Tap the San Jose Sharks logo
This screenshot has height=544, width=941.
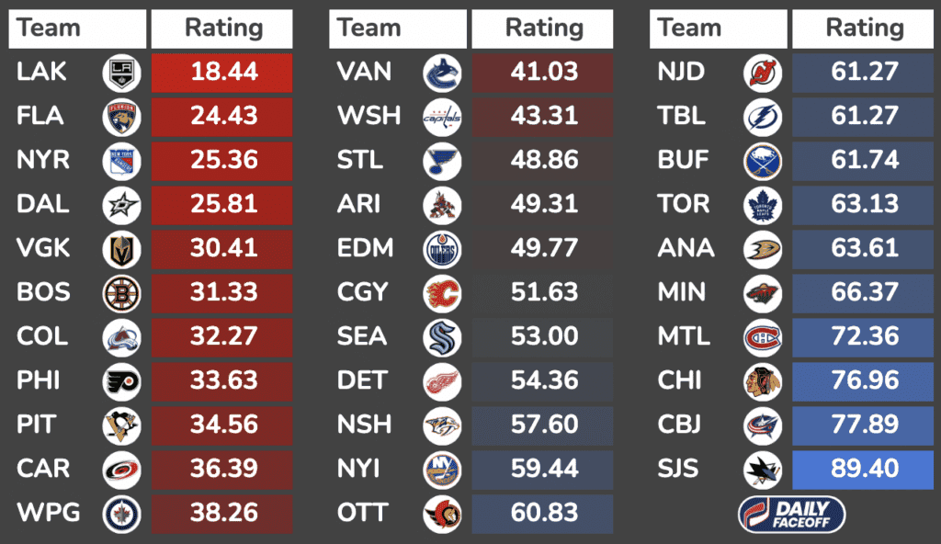(x=762, y=469)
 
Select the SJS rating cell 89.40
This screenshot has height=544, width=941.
(x=864, y=469)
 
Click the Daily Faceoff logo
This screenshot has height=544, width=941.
(x=791, y=514)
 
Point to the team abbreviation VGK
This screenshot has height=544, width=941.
(x=43, y=248)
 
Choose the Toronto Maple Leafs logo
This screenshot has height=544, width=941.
(x=762, y=204)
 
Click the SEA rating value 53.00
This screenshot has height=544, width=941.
(x=544, y=336)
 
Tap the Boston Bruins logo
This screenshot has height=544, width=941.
(x=121, y=292)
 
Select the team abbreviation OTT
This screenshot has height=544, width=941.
(x=363, y=513)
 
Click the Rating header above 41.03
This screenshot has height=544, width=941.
(x=544, y=28)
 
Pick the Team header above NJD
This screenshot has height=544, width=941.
(x=689, y=28)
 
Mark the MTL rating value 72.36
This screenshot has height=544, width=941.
(x=864, y=336)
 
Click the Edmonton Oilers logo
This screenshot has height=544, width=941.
(x=442, y=248)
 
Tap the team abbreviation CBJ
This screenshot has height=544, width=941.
(x=680, y=425)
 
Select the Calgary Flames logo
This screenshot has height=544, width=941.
(x=442, y=292)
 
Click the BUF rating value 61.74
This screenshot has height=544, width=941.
(x=864, y=160)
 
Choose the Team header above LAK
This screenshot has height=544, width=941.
(x=49, y=28)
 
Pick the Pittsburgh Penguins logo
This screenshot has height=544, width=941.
(x=121, y=425)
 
